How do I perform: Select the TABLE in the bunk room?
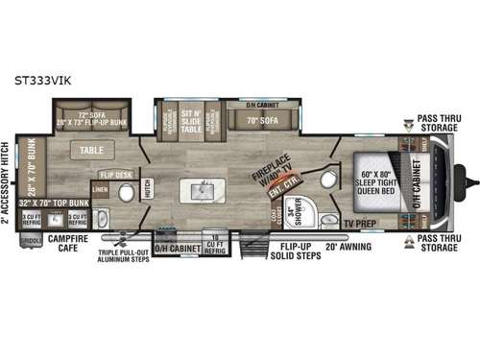(x=92, y=151)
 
